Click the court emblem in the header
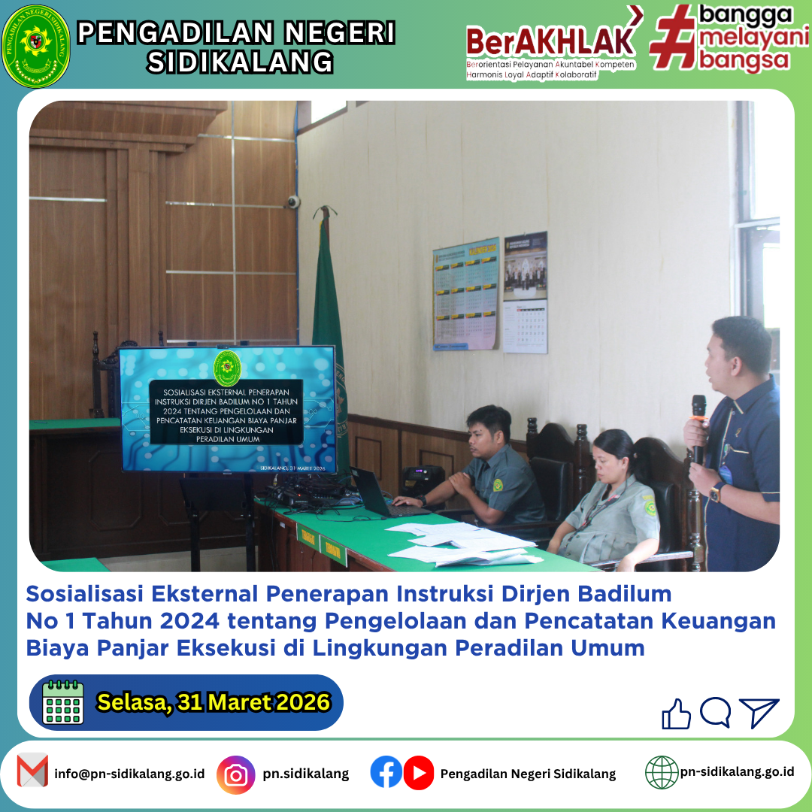pos(36,47)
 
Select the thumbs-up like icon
pos(676,714)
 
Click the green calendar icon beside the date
pos(63,702)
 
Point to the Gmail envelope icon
pos(32,772)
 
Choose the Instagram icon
pos(236,774)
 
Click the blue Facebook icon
pos(386,772)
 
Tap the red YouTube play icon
pos(419,772)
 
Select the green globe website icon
pos(662,772)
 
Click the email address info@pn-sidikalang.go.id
pos(129,774)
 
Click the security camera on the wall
pos(292,201)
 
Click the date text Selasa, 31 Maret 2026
pos(214,702)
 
